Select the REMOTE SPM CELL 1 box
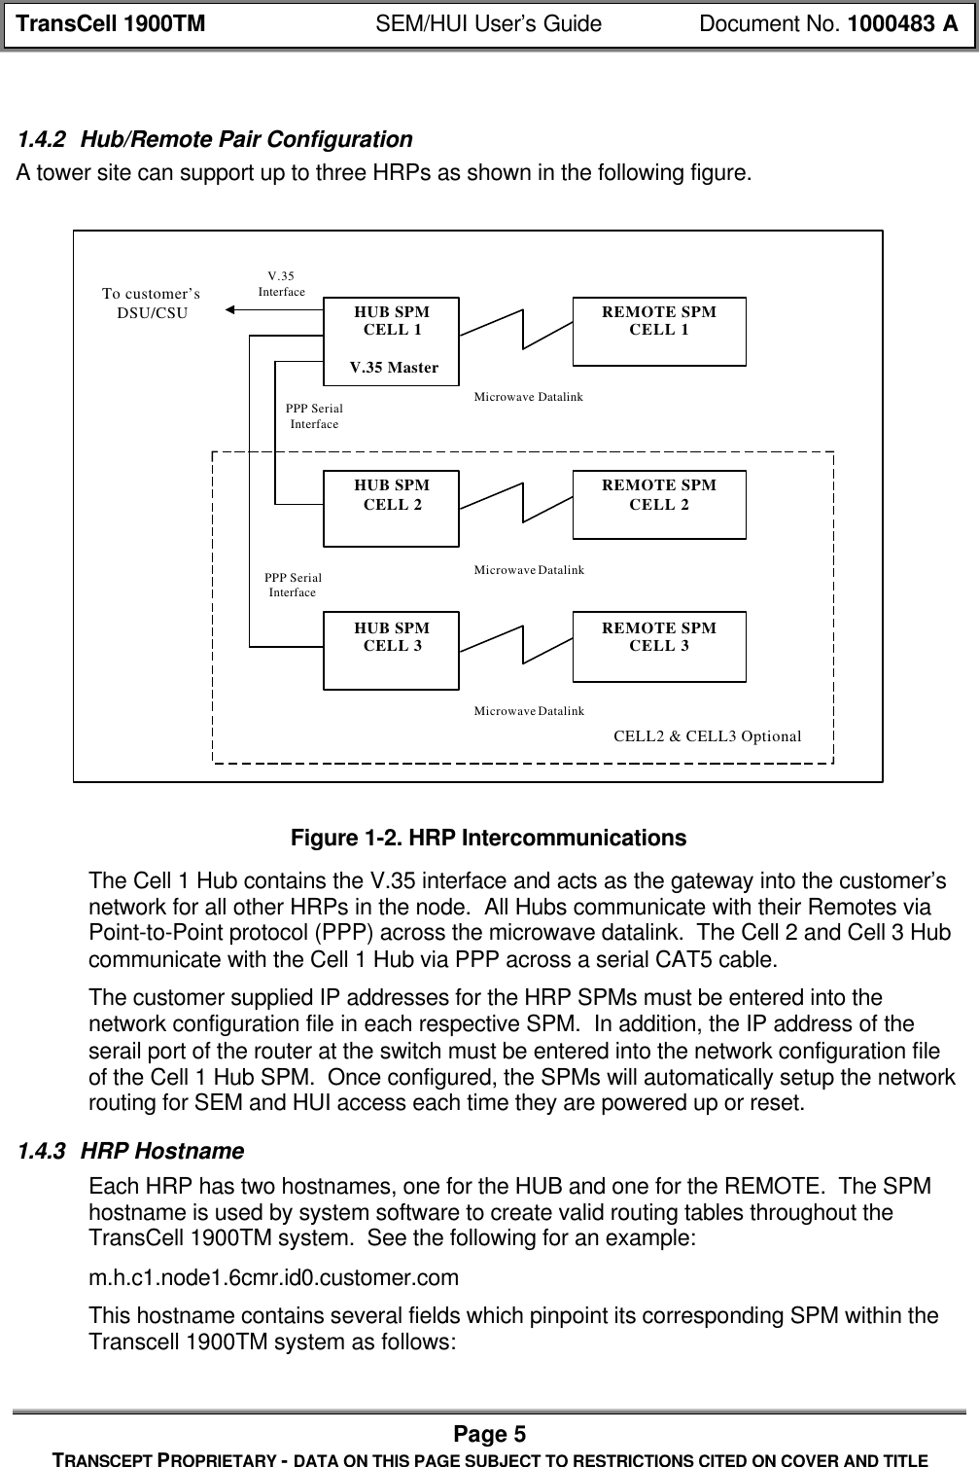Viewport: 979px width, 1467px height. click(659, 332)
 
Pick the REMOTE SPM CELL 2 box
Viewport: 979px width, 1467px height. click(659, 504)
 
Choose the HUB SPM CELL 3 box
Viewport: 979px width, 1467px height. click(391, 650)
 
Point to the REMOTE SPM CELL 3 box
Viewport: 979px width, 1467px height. click(659, 646)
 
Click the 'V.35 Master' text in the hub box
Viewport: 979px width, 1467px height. click(393, 368)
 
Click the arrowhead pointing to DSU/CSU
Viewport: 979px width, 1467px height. click(231, 310)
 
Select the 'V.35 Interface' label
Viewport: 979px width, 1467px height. click(281, 284)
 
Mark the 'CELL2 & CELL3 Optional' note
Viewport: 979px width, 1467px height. click(707, 735)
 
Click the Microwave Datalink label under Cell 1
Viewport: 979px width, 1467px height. click(528, 397)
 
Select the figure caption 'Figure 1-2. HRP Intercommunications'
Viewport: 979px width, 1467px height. click(490, 839)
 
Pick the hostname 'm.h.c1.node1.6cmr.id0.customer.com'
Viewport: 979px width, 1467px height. click(273, 1276)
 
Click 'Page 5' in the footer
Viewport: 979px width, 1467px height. click(489, 1434)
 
